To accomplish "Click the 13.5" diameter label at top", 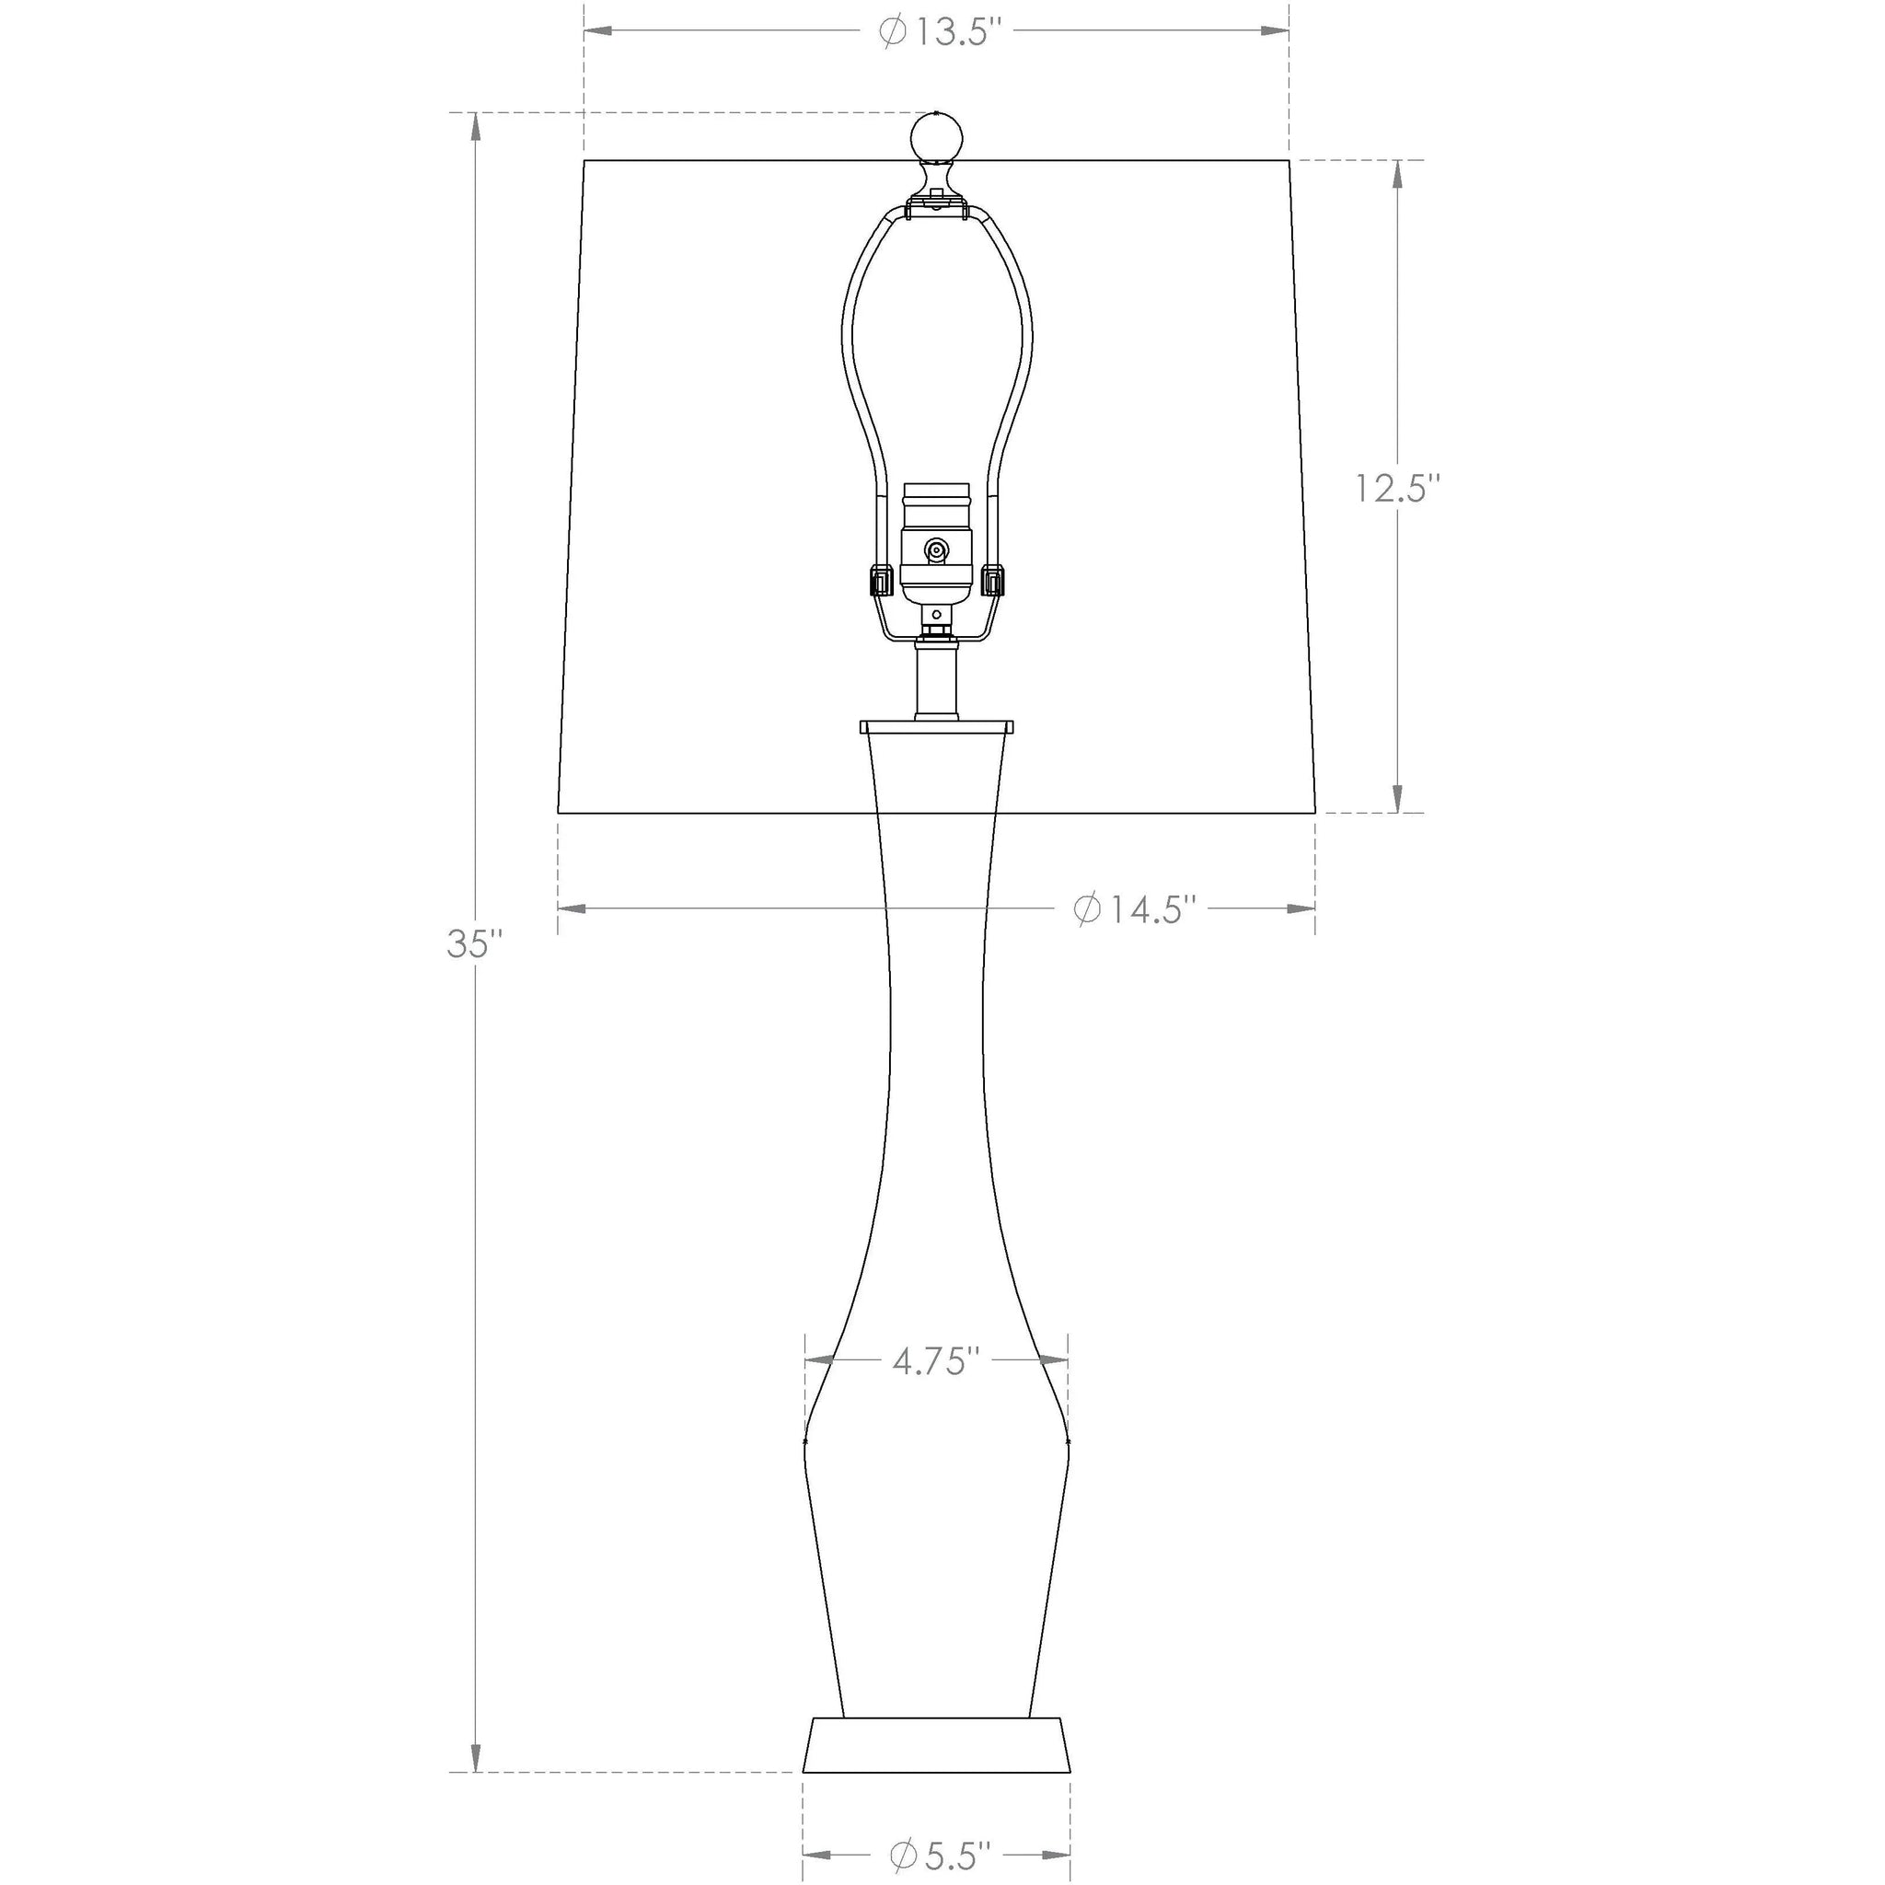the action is click(942, 32).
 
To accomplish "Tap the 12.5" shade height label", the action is click(1397, 488).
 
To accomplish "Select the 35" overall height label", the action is click(475, 944).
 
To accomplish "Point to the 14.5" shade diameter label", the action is click(1135, 909).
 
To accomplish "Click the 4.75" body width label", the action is click(936, 1361).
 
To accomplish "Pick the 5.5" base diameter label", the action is click(941, 1852).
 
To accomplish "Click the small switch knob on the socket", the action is click(937, 552).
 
